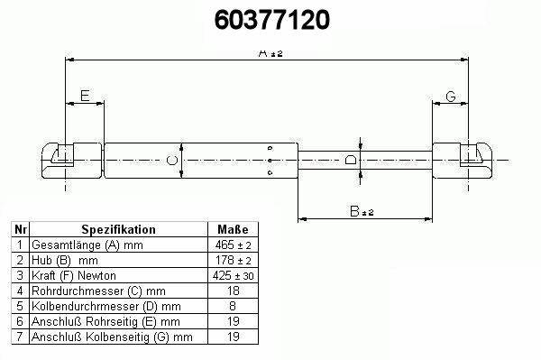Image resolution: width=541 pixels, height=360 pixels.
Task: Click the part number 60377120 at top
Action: [x=272, y=20]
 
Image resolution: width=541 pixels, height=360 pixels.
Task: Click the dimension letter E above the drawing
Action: [x=85, y=96]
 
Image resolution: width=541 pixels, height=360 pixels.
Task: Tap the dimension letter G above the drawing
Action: [x=451, y=97]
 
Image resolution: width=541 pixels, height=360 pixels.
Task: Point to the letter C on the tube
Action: [x=172, y=161]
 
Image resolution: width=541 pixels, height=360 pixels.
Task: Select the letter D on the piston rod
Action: [x=351, y=160]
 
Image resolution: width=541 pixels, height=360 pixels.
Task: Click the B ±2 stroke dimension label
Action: [x=362, y=211]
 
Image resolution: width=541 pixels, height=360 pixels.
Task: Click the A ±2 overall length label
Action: [x=270, y=53]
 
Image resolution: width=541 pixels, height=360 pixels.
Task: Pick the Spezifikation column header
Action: [x=118, y=229]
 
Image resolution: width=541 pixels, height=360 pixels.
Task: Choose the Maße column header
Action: [x=233, y=229]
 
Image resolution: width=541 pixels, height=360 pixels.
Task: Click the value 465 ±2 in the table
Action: [x=234, y=245]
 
